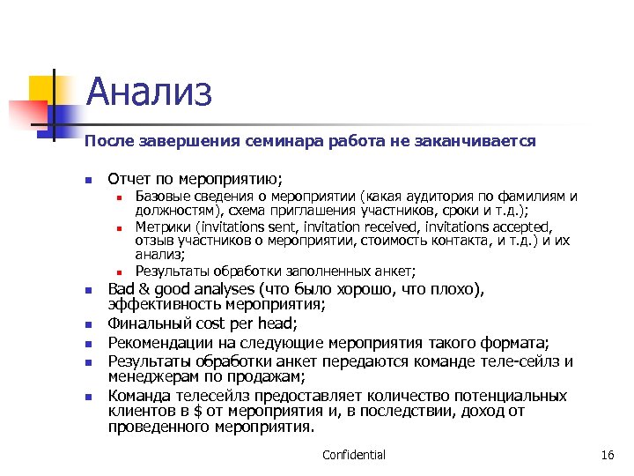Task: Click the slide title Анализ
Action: tap(150, 92)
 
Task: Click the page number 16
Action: tap(606, 455)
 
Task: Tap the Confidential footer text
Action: tap(354, 455)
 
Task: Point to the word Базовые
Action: tap(161, 196)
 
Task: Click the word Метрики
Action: tap(161, 226)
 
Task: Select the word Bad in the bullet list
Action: tap(122, 290)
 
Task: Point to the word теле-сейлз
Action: tap(515, 361)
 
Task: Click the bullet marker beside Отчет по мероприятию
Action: tap(88, 178)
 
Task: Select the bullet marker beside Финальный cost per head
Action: tap(88, 325)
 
